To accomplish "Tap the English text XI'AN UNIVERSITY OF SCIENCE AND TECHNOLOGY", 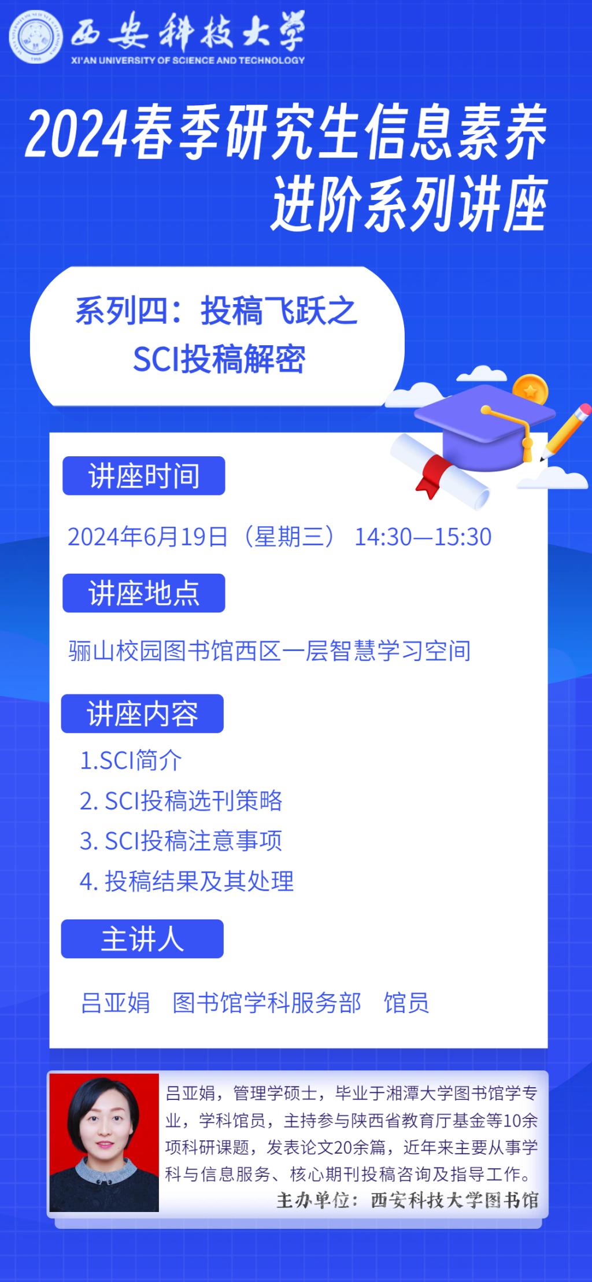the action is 188,60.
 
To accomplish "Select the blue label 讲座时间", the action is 143,475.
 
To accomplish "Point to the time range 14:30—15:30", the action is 423,537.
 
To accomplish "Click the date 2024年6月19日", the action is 148,537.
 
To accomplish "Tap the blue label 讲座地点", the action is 143,593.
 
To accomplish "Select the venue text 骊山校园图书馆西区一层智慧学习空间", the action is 269,651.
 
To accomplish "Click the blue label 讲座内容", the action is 142,714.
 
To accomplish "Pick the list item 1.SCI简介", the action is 131,760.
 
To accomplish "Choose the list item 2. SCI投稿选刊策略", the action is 181,801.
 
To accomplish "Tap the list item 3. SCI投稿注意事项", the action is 181,841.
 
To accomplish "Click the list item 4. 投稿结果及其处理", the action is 187,881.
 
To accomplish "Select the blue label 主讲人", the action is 142,939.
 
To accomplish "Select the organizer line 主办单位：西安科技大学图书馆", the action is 408,1200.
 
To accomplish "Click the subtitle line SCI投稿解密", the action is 219,359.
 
